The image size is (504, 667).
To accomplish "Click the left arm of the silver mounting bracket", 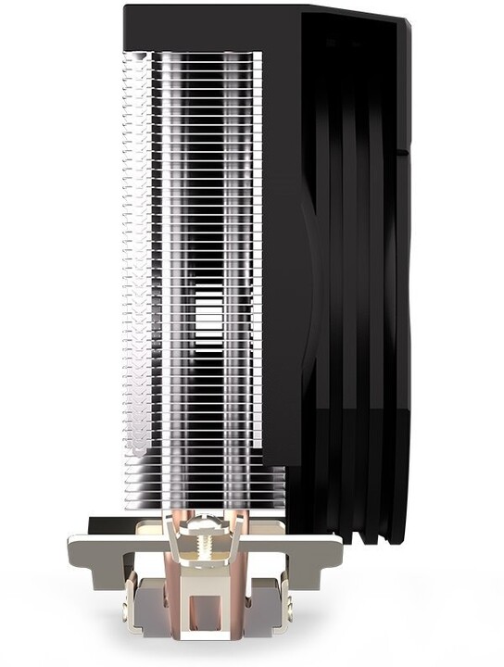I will [102, 551].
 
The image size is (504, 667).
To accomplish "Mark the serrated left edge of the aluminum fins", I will [130, 278].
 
